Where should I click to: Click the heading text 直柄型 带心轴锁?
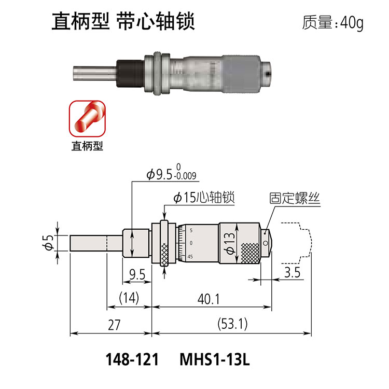(x=123, y=22)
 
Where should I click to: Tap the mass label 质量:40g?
(x=332, y=23)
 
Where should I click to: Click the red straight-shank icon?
(x=87, y=118)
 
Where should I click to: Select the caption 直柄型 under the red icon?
(x=87, y=146)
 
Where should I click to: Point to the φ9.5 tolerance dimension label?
(x=172, y=172)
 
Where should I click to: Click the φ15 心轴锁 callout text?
(x=204, y=198)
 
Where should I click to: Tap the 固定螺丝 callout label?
(x=295, y=198)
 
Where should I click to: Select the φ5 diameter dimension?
(x=48, y=242)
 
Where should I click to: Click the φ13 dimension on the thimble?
(x=229, y=243)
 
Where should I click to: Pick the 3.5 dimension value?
(x=292, y=272)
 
